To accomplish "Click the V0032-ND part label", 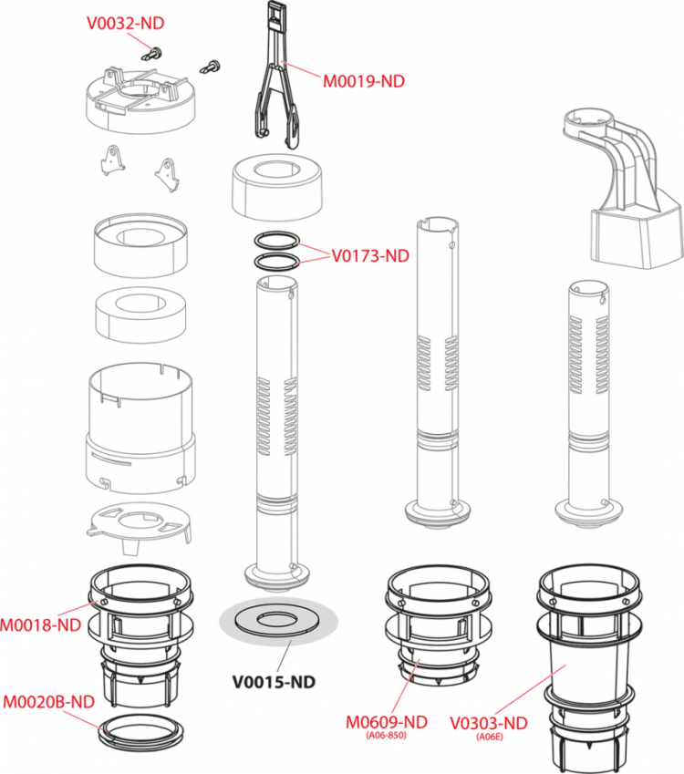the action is click(126, 23).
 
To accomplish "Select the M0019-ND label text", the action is click(364, 81).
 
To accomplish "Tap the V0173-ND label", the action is click(370, 256).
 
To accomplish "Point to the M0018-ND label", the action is click(41, 625).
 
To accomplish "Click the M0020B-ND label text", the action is click(49, 702).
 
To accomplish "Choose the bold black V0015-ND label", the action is click(275, 682).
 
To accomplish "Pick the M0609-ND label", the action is click(386, 722).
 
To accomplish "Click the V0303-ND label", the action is click(489, 723).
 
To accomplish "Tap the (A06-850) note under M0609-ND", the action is click(386, 736).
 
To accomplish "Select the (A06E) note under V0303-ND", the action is click(490, 737).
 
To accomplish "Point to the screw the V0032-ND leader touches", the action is click(152, 54).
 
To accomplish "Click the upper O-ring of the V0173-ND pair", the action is click(277, 241).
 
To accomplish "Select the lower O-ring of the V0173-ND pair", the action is click(277, 262).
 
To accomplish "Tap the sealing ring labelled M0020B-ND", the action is click(140, 731).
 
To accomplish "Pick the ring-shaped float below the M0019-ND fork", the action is click(277, 188).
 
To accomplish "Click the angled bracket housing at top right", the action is click(623, 190).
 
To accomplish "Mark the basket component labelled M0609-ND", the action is click(439, 626).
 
